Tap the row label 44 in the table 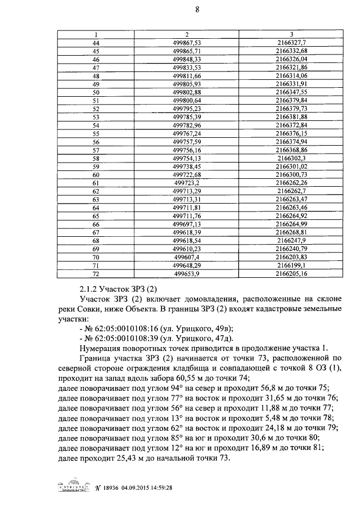pos(95,43)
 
